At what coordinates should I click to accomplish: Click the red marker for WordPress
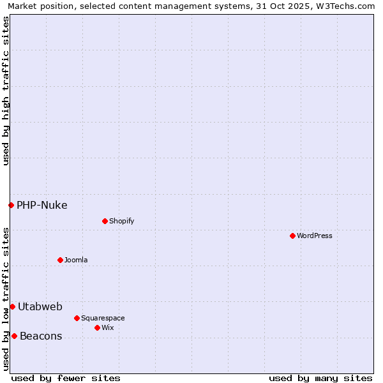[292, 236]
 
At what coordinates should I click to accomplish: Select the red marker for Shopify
[105, 221]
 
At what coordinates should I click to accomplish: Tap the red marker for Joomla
[60, 260]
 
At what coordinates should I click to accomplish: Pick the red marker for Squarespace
[77, 318]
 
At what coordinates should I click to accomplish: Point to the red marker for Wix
[97, 327]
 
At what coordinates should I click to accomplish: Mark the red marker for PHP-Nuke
[11, 205]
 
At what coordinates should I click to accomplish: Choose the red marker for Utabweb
[12, 306]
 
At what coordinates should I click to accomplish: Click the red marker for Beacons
[14, 336]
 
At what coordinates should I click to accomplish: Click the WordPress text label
[315, 236]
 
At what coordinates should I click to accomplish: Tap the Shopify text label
[121, 221]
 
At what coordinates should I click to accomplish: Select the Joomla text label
[76, 260]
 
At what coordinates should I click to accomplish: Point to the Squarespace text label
[103, 318]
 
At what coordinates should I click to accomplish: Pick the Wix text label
[107, 327]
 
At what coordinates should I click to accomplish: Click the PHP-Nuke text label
[42, 205]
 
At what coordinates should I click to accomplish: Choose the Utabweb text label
[40, 306]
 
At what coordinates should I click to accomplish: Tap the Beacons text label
[41, 336]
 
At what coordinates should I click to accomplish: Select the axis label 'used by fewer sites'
[66, 378]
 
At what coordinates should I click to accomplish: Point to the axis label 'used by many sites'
[320, 378]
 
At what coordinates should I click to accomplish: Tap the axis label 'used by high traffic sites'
[6, 91]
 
